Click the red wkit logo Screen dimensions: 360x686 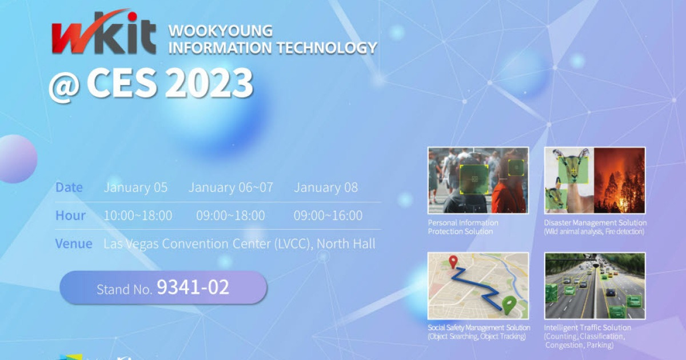click(103, 34)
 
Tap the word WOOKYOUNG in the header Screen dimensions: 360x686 click(221, 31)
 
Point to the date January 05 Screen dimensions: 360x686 click(135, 187)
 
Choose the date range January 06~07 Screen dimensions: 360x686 click(230, 187)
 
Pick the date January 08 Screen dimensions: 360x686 click(325, 187)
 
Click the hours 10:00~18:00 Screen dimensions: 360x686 click(137, 215)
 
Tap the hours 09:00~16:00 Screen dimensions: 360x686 click(328, 215)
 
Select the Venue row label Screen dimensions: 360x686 click(73, 243)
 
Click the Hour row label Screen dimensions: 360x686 click(70, 215)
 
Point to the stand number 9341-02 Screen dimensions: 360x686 click(193, 287)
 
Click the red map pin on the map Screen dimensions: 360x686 click(453, 262)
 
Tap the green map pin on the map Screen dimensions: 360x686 click(508, 303)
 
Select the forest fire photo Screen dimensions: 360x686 click(620, 180)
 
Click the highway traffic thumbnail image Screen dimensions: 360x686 click(595, 286)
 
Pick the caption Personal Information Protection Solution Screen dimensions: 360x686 click(463, 227)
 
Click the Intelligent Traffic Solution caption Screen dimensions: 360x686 click(587, 327)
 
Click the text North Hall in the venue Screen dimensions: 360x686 click(346, 243)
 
